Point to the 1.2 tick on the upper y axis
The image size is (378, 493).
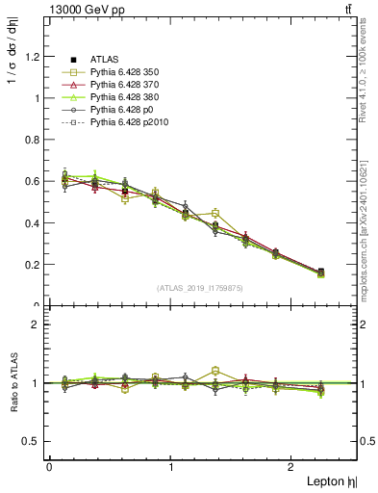[x=34, y=56]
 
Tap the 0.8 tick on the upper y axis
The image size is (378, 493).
[x=34, y=140]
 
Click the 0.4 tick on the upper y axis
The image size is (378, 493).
[x=34, y=222]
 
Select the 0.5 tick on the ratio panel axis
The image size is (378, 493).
[x=34, y=441]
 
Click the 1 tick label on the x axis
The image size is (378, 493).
[x=171, y=467]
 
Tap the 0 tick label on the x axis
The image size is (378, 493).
[x=49, y=467]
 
